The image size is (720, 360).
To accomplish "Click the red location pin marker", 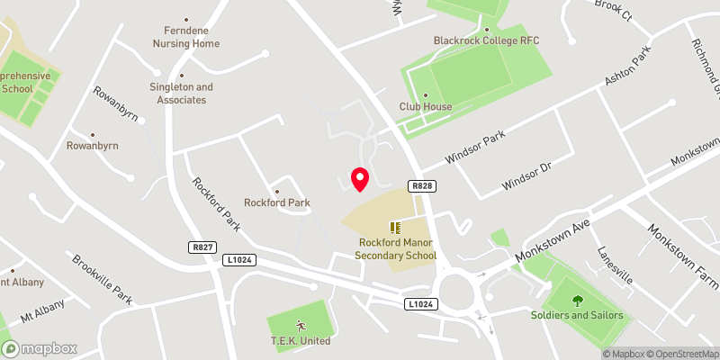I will (x=359, y=178).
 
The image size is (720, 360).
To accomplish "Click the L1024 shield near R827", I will (x=238, y=259).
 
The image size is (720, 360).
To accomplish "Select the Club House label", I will (x=426, y=106).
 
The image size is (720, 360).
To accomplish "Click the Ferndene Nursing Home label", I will (x=186, y=35).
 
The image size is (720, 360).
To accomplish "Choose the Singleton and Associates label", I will (x=181, y=93).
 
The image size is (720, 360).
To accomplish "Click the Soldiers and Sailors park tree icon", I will (x=576, y=301).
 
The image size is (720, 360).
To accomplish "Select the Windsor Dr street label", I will (x=526, y=171).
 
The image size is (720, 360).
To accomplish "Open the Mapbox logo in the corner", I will (x=39, y=348).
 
